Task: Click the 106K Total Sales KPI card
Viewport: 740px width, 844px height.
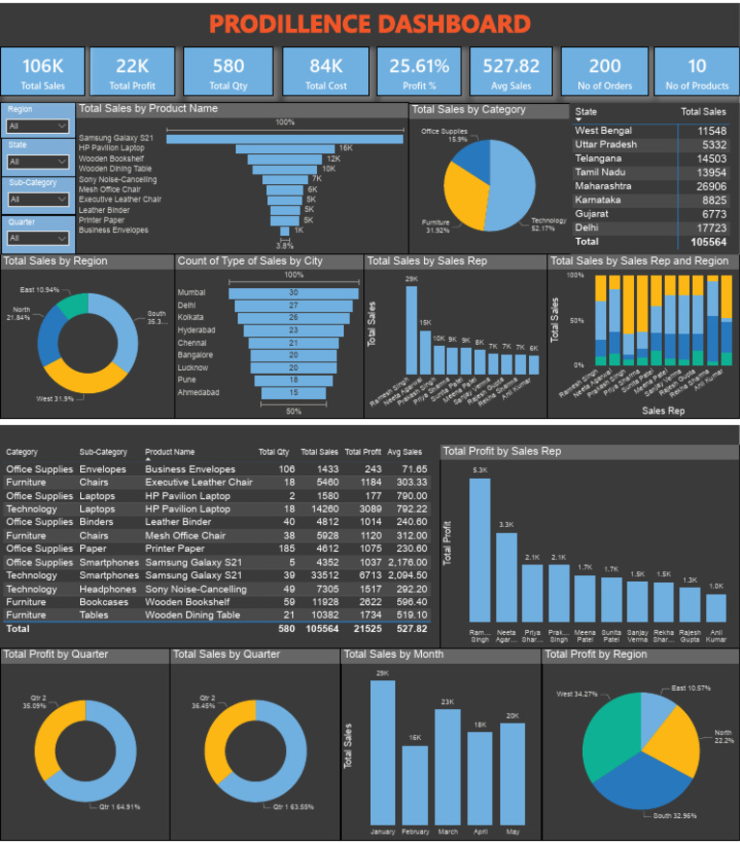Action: [42, 71]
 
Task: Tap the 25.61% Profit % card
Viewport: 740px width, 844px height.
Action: [419, 71]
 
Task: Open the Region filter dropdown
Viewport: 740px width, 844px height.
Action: [38, 126]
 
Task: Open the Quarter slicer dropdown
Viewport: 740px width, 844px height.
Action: [38, 237]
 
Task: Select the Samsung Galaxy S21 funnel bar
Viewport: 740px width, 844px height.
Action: [284, 139]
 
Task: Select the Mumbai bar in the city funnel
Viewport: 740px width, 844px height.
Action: [293, 293]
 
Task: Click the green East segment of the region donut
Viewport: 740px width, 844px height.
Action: [73, 305]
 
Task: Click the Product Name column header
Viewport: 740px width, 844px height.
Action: [170, 451]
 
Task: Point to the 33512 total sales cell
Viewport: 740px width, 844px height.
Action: [320, 575]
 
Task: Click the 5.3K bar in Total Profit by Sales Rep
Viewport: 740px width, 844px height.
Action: [479, 549]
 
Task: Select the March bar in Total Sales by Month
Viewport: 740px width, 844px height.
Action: [447, 766]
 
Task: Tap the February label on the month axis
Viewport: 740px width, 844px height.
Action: [415, 831]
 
